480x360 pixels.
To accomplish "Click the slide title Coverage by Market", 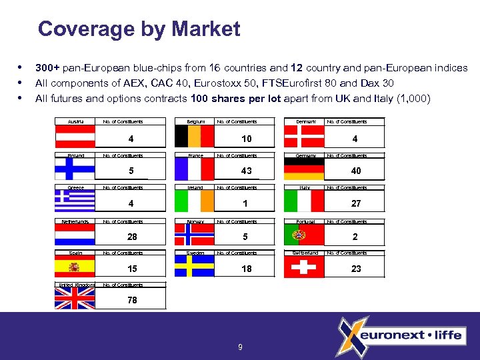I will (139, 29).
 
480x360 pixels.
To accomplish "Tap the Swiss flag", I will (303, 267).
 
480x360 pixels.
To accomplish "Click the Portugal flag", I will (303, 235).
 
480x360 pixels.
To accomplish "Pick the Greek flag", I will (75, 202).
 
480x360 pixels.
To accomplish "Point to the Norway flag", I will (194, 235).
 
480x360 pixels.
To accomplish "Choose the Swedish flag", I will (194, 267).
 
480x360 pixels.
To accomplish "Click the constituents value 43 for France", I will (247, 171).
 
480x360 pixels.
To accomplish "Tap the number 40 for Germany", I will (356, 171).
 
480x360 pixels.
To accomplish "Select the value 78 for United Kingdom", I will (132, 300).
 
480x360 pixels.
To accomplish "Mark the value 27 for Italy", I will (356, 203).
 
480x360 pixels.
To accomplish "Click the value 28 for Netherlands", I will (132, 237).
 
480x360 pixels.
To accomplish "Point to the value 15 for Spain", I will (132, 269).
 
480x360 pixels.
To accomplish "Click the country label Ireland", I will (195, 188).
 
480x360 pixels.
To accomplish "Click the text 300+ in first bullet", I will (47, 68).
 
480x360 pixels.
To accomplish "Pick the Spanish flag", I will (75, 267).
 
